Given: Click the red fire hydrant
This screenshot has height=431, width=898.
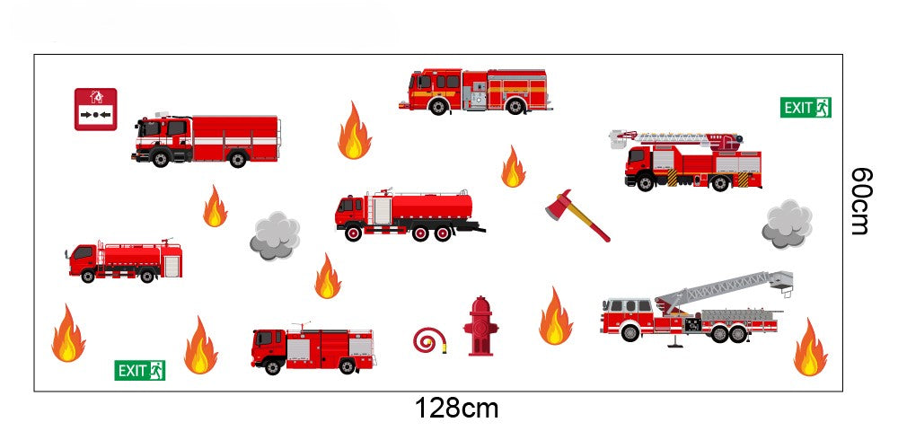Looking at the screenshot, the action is [480, 326].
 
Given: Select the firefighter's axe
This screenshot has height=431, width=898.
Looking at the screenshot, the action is [577, 215].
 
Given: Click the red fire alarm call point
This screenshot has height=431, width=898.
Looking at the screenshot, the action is [96, 110].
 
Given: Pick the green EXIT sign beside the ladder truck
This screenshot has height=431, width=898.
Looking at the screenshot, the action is [806, 108].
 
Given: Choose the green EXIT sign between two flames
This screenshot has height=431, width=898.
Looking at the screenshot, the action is [140, 370].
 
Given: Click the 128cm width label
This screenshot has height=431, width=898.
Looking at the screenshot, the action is [456, 409].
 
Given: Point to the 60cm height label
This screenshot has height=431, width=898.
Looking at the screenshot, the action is [861, 201].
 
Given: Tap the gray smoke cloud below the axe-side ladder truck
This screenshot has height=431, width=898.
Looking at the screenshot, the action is [787, 224].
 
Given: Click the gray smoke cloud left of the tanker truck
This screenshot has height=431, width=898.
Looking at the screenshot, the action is [275, 236].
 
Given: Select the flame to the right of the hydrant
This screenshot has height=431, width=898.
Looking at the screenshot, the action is [556, 317].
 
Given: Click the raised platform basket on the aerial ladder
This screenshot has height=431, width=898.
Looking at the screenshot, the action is [782, 279].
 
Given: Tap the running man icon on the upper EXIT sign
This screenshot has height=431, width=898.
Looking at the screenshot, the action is [823, 108].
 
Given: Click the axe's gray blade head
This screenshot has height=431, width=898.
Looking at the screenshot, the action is [559, 205].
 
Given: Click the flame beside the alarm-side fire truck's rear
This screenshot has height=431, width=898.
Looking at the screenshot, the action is [355, 131].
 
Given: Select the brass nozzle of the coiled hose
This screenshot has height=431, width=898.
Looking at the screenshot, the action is [444, 345].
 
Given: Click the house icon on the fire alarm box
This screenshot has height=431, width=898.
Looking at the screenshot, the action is [96, 97].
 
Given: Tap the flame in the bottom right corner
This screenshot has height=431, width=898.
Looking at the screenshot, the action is [810, 347].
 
